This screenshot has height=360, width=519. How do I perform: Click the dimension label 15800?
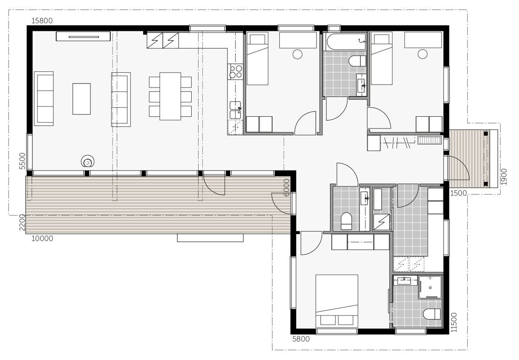[x=42, y=21]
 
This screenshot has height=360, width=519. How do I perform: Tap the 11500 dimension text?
[x=453, y=322]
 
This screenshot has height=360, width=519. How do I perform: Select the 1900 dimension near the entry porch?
[x=503, y=176]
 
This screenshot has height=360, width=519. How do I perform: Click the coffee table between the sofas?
[x=81, y=99]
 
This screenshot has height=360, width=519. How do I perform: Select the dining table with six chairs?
[x=170, y=96]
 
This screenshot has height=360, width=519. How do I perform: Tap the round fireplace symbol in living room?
[x=87, y=162]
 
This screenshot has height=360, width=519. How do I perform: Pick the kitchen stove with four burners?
[x=236, y=71]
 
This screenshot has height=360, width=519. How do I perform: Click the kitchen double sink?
[x=235, y=109]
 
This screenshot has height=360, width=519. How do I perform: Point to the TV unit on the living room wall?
[x=83, y=36]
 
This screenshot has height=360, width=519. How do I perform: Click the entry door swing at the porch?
[x=458, y=168]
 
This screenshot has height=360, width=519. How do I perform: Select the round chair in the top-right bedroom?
[x=423, y=54]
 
